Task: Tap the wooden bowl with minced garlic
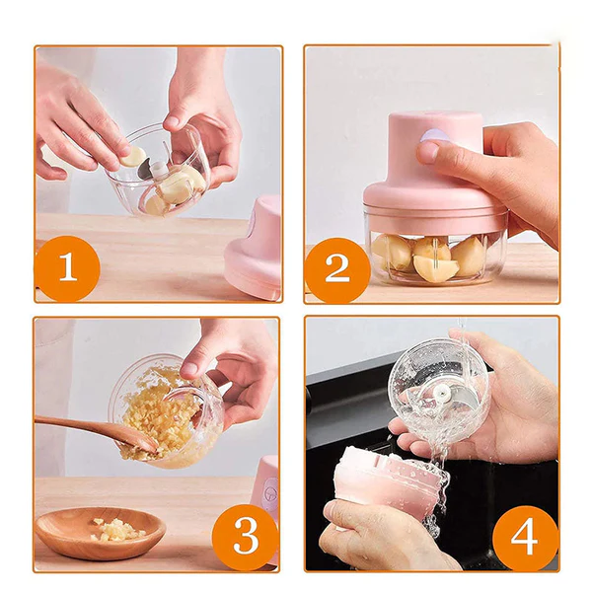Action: (99, 533)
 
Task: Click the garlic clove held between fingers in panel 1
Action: (131, 156)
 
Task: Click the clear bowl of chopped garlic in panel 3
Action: (163, 409)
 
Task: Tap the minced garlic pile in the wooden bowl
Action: (116, 529)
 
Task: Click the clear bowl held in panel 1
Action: (163, 173)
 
